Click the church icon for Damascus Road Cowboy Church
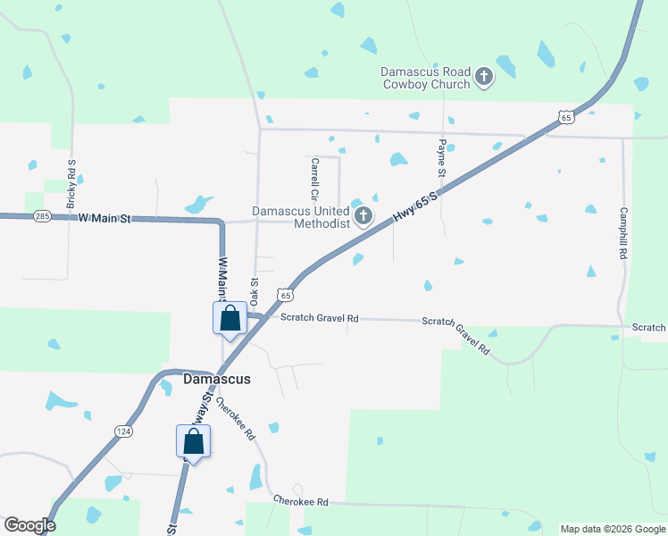483,77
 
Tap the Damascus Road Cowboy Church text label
425,78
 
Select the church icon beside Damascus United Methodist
363,216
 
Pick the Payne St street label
441,157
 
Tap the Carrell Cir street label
314,178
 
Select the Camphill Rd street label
623,233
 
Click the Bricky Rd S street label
71,184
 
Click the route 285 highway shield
42,216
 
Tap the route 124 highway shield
123,431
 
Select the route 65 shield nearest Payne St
564,117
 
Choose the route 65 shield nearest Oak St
284,294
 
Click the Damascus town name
217,379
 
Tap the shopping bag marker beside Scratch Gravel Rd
230,318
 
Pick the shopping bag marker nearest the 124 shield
193,441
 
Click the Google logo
29,525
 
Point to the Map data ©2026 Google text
612,529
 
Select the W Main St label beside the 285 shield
104,217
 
